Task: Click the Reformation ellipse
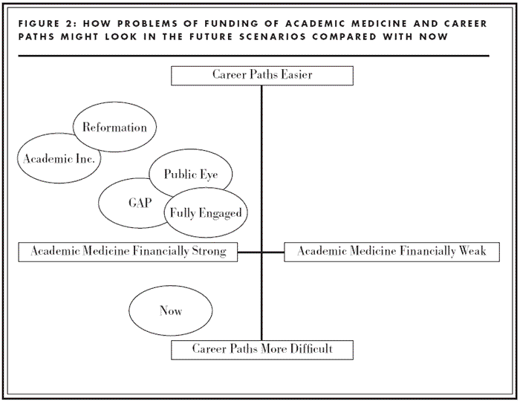[x=114, y=127]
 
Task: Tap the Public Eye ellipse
[x=191, y=175]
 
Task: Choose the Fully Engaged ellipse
[x=206, y=213]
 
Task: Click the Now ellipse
[x=171, y=311]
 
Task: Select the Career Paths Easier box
[x=261, y=75]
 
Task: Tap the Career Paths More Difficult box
[x=261, y=349]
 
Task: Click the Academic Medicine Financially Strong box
[x=128, y=252]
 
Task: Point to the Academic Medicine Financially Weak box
[x=391, y=252]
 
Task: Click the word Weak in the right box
[x=471, y=252]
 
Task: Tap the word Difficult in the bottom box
[x=308, y=349]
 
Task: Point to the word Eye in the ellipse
[x=210, y=175]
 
